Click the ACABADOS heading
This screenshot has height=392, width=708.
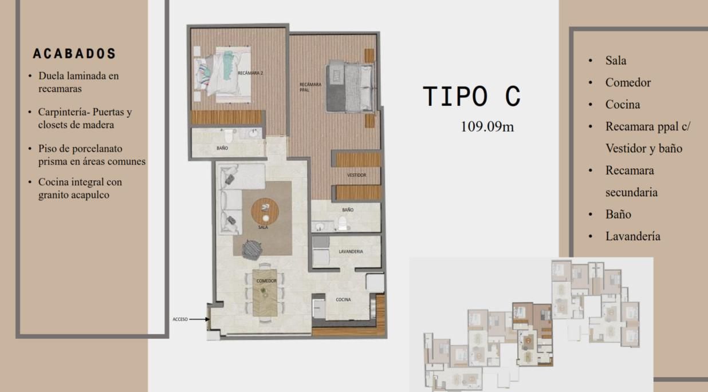coord(74,54)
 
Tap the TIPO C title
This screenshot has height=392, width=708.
coord(471,96)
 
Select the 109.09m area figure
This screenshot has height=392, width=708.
coord(487,126)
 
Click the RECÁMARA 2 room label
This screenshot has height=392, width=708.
coord(250,73)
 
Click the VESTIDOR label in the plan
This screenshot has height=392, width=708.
coord(356,175)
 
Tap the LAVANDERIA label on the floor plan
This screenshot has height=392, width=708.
coord(351,251)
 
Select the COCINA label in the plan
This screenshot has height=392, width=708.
coord(343,299)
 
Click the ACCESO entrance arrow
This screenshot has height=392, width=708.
coord(199,319)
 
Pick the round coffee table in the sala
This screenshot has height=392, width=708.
coord(265,211)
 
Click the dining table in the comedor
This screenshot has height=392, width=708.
coord(265,293)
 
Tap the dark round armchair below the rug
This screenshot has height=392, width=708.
coord(252,250)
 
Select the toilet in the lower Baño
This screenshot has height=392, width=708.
coord(343,224)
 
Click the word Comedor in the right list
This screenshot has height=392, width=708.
coord(628,82)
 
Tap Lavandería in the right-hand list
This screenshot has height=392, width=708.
coord(633,236)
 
